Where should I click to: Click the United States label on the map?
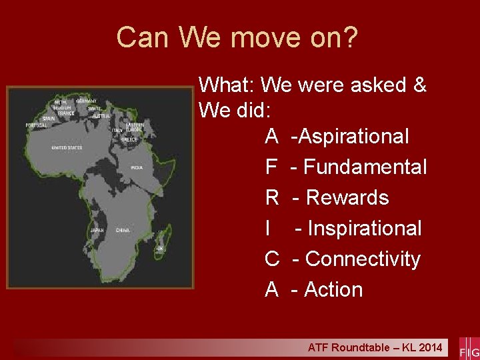(x=67, y=147)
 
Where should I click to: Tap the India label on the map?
(x=136, y=167)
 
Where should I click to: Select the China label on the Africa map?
(x=122, y=230)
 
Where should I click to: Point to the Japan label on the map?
(x=97, y=230)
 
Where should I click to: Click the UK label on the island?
(x=159, y=248)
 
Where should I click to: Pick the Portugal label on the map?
(x=36, y=125)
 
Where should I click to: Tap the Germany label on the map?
(x=87, y=101)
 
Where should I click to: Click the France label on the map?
(x=65, y=113)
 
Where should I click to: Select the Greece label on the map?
(x=129, y=139)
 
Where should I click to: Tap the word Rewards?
(x=347, y=198)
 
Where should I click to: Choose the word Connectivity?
(x=363, y=259)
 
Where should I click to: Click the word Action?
(x=333, y=290)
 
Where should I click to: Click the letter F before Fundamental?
(x=271, y=167)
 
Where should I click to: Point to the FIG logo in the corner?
(x=469, y=349)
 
